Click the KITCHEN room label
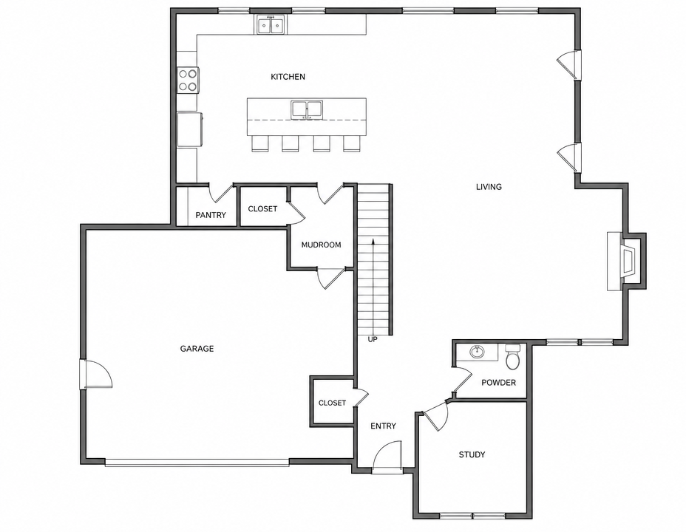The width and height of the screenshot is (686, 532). click(x=288, y=77)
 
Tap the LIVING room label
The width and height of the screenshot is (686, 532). click(x=489, y=187)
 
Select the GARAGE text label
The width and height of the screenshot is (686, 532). click(x=197, y=349)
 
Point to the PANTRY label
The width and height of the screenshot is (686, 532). click(x=211, y=215)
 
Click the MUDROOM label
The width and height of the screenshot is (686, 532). click(x=321, y=245)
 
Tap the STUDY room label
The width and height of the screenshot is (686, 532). click(x=472, y=454)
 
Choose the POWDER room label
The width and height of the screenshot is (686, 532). click(x=499, y=383)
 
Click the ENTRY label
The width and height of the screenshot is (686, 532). click(x=383, y=426)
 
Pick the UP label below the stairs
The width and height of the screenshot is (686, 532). click(x=373, y=339)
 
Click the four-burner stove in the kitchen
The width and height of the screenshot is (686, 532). click(x=188, y=80)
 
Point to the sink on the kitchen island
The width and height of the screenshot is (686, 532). click(x=307, y=109)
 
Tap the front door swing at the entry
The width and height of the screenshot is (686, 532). click(x=387, y=456)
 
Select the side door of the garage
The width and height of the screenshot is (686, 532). click(x=96, y=374)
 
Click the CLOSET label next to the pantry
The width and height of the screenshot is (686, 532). click(x=262, y=209)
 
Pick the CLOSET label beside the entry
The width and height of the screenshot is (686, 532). click(x=332, y=403)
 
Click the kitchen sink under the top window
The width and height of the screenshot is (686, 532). click(x=271, y=24)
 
